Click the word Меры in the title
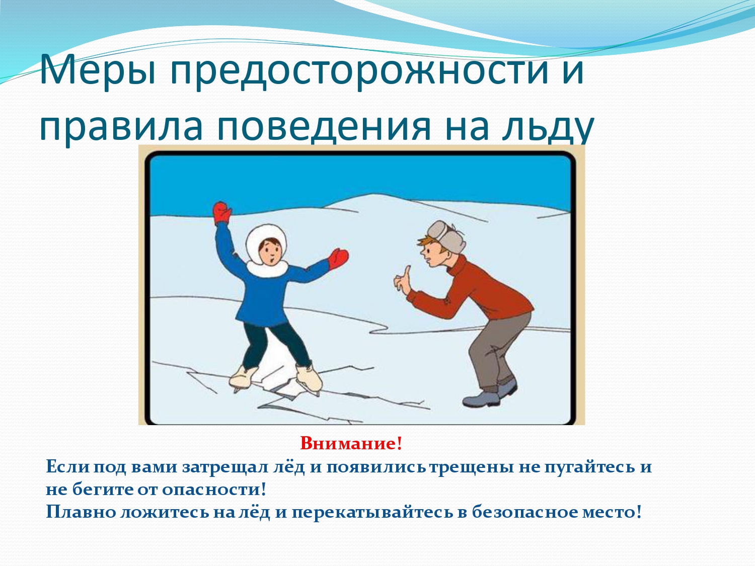pyautogui.click(x=97, y=71)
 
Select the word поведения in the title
pyautogui.click(x=324, y=127)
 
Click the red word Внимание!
pyautogui.click(x=351, y=443)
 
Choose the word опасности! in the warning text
pyautogui.click(x=213, y=490)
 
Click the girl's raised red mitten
pyautogui.click(x=222, y=213)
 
